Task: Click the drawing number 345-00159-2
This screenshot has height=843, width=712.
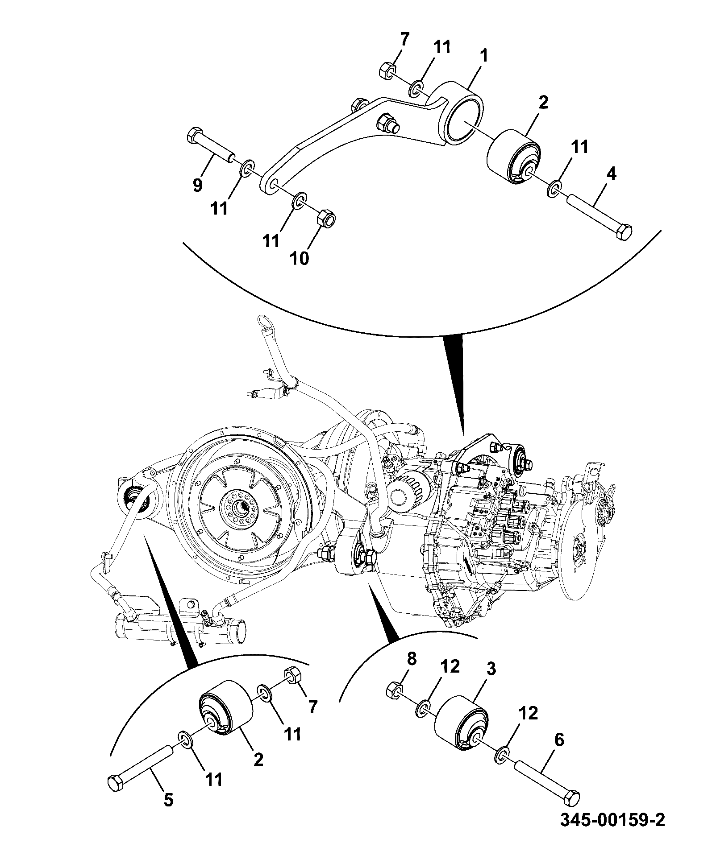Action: click(x=612, y=819)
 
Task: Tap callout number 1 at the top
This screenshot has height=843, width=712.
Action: click(x=484, y=57)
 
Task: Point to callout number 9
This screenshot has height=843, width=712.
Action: click(x=198, y=184)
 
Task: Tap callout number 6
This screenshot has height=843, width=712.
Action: click(x=558, y=740)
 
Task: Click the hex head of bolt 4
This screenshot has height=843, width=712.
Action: click(x=624, y=232)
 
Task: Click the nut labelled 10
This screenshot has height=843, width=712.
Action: click(x=326, y=219)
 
